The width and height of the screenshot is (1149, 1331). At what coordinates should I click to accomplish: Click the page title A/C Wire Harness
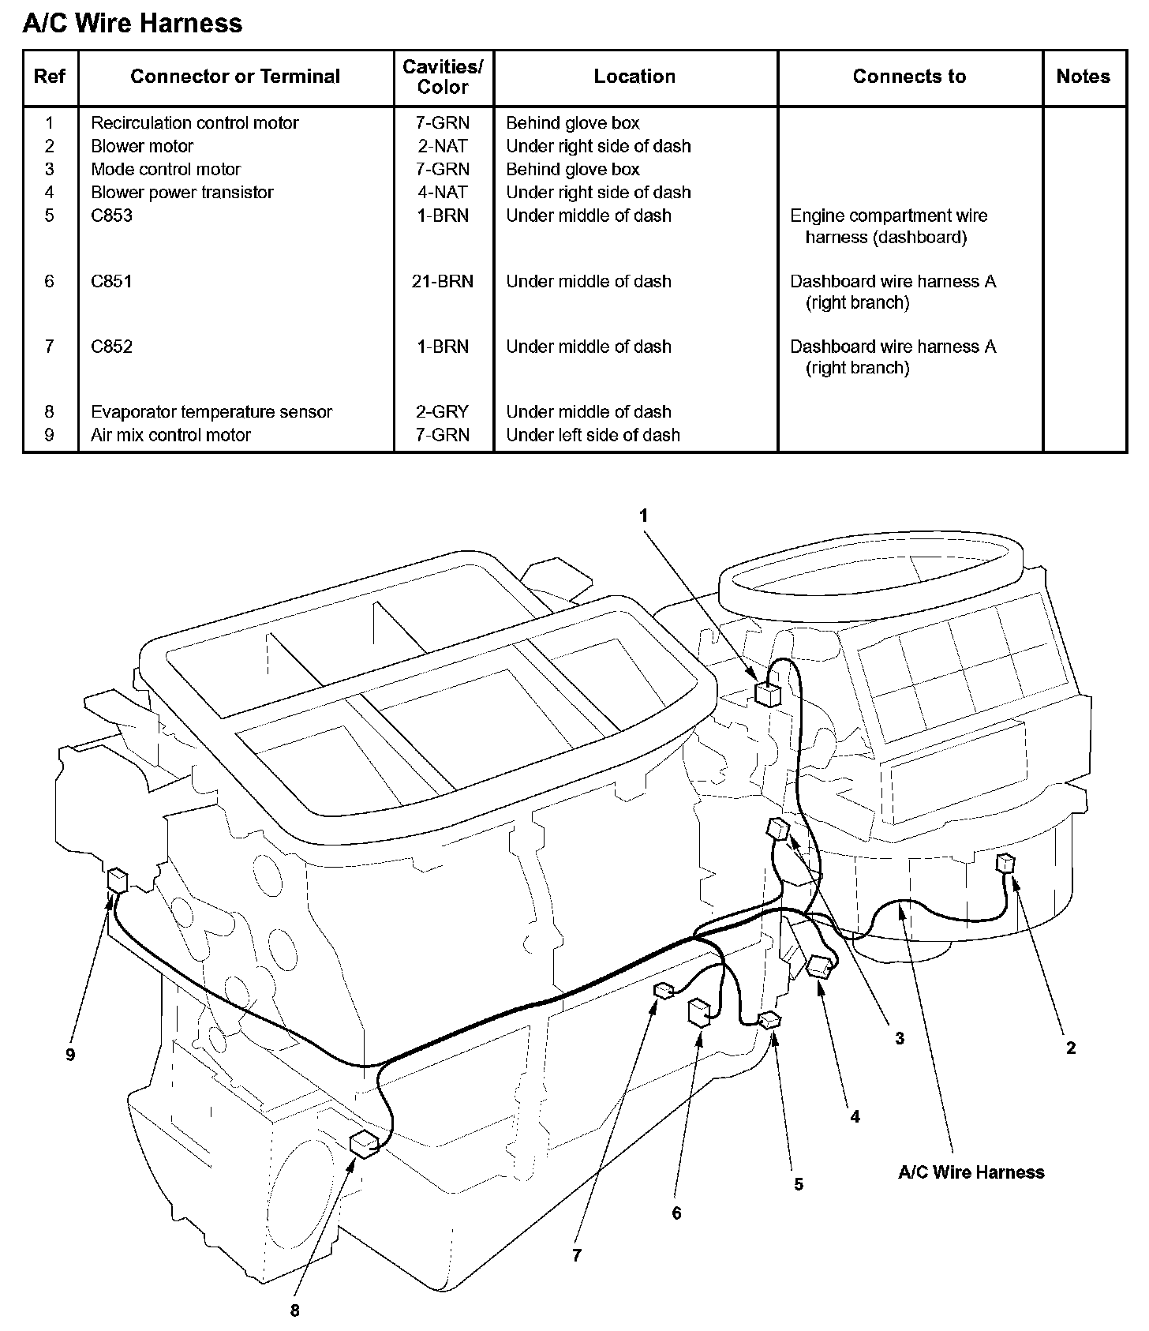pos(133,24)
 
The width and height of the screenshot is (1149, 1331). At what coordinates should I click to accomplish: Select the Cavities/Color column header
pos(443,77)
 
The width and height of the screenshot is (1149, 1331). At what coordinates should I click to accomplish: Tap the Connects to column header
pos(909,77)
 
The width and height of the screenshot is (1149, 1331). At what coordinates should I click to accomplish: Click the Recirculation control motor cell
pos(195,123)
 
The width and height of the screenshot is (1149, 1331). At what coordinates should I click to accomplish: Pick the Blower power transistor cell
pos(182,193)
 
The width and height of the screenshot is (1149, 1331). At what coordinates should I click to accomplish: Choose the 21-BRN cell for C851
pos(443,282)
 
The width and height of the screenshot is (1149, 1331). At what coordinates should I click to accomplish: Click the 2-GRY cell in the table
pos(443,412)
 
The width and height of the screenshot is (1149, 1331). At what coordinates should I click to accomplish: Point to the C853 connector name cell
pos(112,216)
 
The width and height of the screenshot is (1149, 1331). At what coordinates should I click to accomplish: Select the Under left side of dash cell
pos(593,435)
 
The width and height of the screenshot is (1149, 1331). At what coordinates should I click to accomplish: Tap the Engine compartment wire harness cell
pos(889,227)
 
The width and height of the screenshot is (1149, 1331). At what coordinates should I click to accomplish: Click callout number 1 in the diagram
pos(643,516)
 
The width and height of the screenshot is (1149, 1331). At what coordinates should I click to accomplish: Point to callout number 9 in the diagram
pos(70,1055)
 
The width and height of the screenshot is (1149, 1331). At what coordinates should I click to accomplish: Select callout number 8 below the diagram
pos(295,1310)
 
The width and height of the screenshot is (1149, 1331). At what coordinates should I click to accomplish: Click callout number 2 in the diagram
pos(1071,1048)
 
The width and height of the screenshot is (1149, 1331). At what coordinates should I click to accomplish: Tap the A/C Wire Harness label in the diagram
pos(971,1172)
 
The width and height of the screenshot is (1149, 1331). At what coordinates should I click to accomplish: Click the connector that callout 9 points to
pos(118,879)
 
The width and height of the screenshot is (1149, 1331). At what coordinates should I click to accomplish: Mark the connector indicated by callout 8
pos(365,1143)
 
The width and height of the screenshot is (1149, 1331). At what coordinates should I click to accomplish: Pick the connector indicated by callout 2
pos(1005,862)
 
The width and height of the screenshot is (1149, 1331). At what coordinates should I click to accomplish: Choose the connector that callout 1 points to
pos(767,694)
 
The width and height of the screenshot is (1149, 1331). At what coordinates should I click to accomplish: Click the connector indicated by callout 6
pos(700,1013)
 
